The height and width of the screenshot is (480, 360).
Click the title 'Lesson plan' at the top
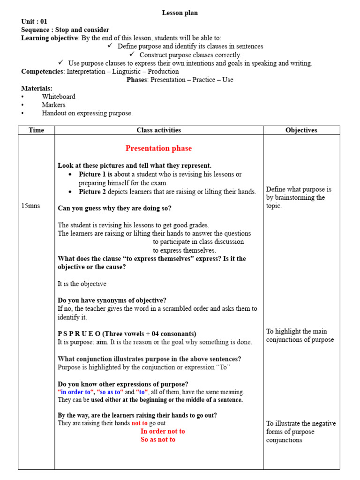point(180,13)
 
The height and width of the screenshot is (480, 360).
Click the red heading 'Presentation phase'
point(158,148)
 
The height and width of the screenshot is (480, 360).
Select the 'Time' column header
point(36,130)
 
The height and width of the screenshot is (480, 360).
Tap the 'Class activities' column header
point(158,130)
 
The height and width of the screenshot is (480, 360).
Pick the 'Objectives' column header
point(301,130)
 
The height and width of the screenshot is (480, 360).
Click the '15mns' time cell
point(30,206)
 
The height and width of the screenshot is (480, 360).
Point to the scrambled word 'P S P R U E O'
point(79,334)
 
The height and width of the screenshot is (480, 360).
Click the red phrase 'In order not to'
point(163,431)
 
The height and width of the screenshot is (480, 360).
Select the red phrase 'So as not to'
point(158,440)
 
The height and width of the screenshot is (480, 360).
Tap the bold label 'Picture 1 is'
point(96,174)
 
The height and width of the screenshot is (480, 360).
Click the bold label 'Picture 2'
point(93,192)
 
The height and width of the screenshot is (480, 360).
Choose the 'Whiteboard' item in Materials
point(59,97)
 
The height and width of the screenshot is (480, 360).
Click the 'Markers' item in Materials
point(53,105)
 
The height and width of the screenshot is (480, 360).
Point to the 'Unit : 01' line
point(34,22)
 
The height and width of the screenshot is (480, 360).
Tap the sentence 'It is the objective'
point(82,284)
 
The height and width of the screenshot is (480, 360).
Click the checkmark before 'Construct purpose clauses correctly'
point(132,54)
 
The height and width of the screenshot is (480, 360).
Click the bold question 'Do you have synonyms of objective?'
point(112,300)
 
